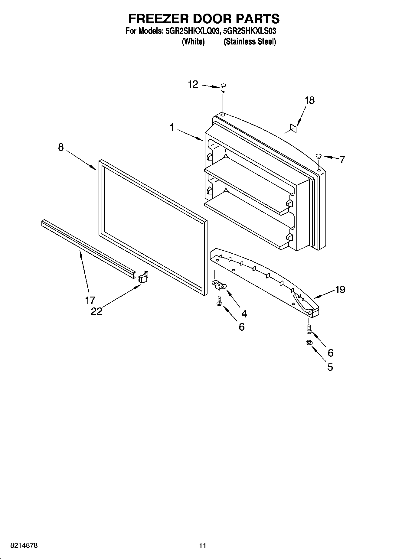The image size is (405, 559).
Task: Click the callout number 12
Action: pos(193,84)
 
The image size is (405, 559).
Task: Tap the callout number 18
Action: pos(309,100)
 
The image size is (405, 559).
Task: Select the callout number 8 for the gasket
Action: pos(61,147)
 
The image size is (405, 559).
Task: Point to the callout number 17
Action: pos(90,300)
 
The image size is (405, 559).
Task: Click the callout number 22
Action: pos(97,311)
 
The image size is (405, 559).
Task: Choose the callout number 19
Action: pos(340,290)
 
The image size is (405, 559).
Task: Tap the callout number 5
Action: pos(330,367)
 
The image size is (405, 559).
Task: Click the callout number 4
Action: pos(244,314)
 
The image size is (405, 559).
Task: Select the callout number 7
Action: pos(342,159)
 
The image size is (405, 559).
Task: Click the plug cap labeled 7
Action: pos(318,156)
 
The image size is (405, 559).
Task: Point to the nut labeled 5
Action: pos(309,343)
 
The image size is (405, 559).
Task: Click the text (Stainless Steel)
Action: pos(250,42)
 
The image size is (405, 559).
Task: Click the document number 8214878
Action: pos(24,545)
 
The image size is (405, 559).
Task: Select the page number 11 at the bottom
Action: pos(202,545)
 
